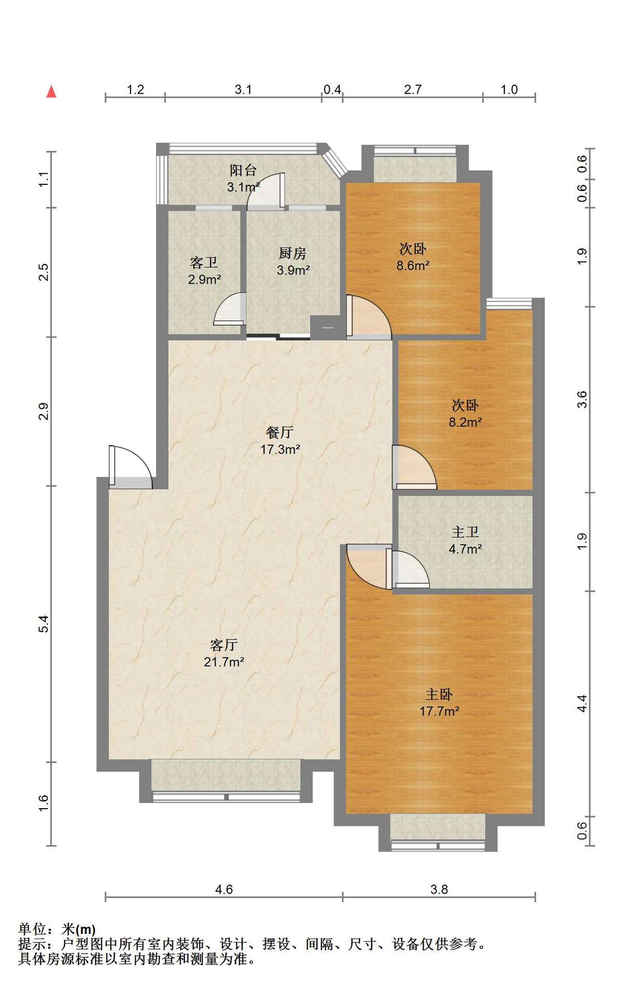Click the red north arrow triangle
(51, 92)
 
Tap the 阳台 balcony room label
(243, 170)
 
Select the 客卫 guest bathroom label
(203, 262)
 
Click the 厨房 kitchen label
(293, 253)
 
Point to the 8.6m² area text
(413, 266)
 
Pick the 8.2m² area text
(465, 422)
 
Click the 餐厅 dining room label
(280, 432)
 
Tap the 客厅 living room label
(224, 645)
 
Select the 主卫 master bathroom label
(465, 532)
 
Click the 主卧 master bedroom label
(439, 694)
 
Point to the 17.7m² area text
(439, 711)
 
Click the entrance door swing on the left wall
(132, 466)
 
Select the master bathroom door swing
(411, 569)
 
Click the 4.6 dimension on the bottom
(224, 889)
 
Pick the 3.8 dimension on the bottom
(439, 889)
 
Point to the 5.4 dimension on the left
(44, 624)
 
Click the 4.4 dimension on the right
(582, 704)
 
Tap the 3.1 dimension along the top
(243, 90)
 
